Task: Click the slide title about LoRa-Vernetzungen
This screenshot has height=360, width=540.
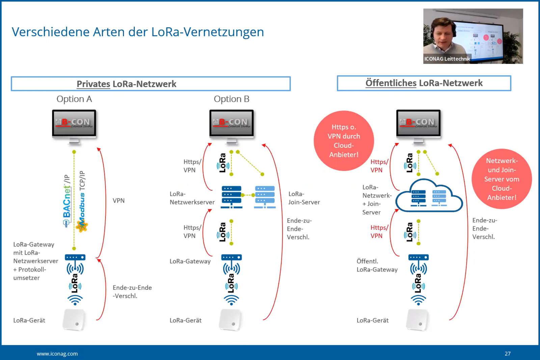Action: pyautogui.click(x=138, y=32)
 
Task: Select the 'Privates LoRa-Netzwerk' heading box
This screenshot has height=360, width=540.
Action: pyautogui.click(x=151, y=84)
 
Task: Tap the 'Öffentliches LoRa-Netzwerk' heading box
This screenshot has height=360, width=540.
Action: pyautogui.click(x=424, y=83)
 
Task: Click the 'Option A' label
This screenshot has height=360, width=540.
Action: pyautogui.click(x=74, y=99)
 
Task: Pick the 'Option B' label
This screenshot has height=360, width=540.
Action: pyautogui.click(x=231, y=99)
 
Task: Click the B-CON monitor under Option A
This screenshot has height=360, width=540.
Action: pyautogui.click(x=74, y=123)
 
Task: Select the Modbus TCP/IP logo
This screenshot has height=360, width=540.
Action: pyautogui.click(x=82, y=202)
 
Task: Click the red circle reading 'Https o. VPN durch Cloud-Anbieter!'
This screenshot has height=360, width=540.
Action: pyautogui.click(x=344, y=141)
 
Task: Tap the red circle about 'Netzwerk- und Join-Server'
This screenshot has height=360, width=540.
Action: pyautogui.click(x=502, y=179)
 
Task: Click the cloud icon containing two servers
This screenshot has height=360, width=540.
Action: pyautogui.click(x=429, y=197)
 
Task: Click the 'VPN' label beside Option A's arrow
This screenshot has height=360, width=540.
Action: pyautogui.click(x=118, y=200)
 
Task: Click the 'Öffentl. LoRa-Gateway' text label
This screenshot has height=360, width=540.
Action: pyautogui.click(x=377, y=265)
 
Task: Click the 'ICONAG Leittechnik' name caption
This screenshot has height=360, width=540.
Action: pyautogui.click(x=447, y=59)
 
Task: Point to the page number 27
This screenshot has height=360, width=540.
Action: pyautogui.click(x=507, y=354)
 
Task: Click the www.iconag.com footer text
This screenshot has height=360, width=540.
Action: pyautogui.click(x=57, y=354)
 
